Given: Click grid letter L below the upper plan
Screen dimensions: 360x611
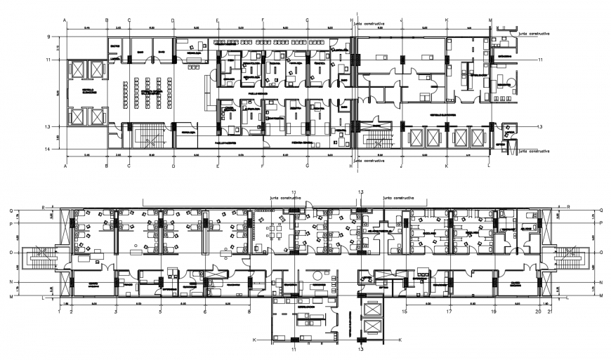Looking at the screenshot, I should [489, 166].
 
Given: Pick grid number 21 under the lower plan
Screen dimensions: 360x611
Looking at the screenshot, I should [550, 311].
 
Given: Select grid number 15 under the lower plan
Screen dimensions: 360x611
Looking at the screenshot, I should [405, 311].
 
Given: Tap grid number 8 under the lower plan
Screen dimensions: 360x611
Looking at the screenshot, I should [249, 311].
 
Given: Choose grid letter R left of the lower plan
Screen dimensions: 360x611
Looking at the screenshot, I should [44, 208].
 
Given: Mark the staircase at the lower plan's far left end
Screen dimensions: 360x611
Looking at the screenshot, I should [37, 262].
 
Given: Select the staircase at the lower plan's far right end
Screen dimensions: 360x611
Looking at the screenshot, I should [570, 262].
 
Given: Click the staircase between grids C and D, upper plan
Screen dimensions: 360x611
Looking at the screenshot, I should [150, 137].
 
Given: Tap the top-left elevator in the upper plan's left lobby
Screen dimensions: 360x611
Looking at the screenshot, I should [77, 69].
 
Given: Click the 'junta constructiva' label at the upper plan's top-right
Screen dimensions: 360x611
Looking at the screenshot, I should [533, 33].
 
